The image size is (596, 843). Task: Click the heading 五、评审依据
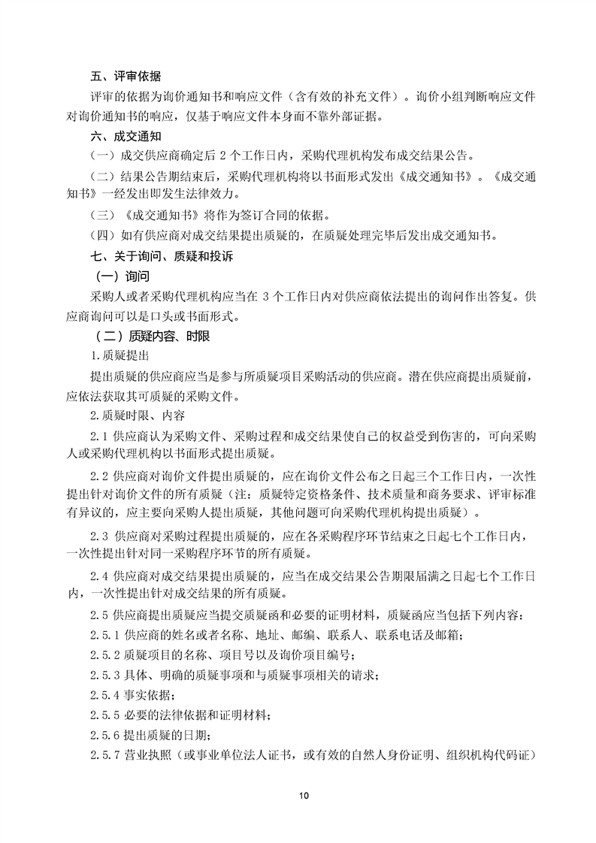[125, 77]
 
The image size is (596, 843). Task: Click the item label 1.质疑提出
[120, 355]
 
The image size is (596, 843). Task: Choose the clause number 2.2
[98, 477]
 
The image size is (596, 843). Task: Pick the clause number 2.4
[98, 577]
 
